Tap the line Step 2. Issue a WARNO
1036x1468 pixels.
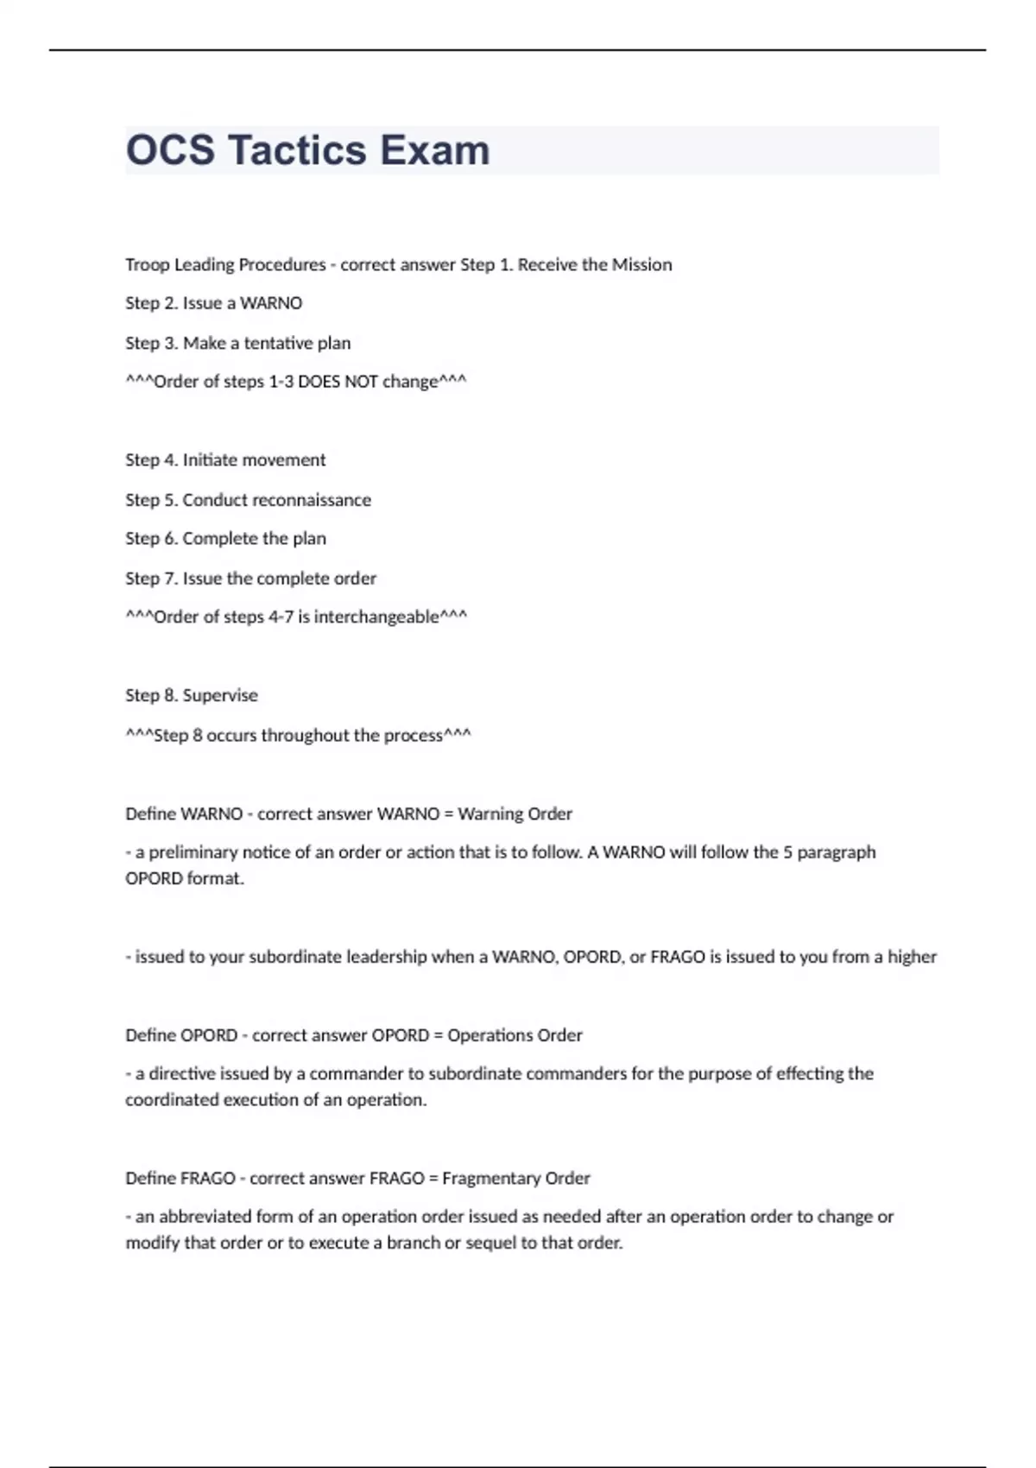point(213,303)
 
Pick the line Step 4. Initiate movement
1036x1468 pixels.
point(225,460)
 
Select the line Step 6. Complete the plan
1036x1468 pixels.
point(225,539)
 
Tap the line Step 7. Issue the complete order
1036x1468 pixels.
point(250,579)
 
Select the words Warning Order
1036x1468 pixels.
point(515,813)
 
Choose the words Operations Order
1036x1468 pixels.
point(515,1035)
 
